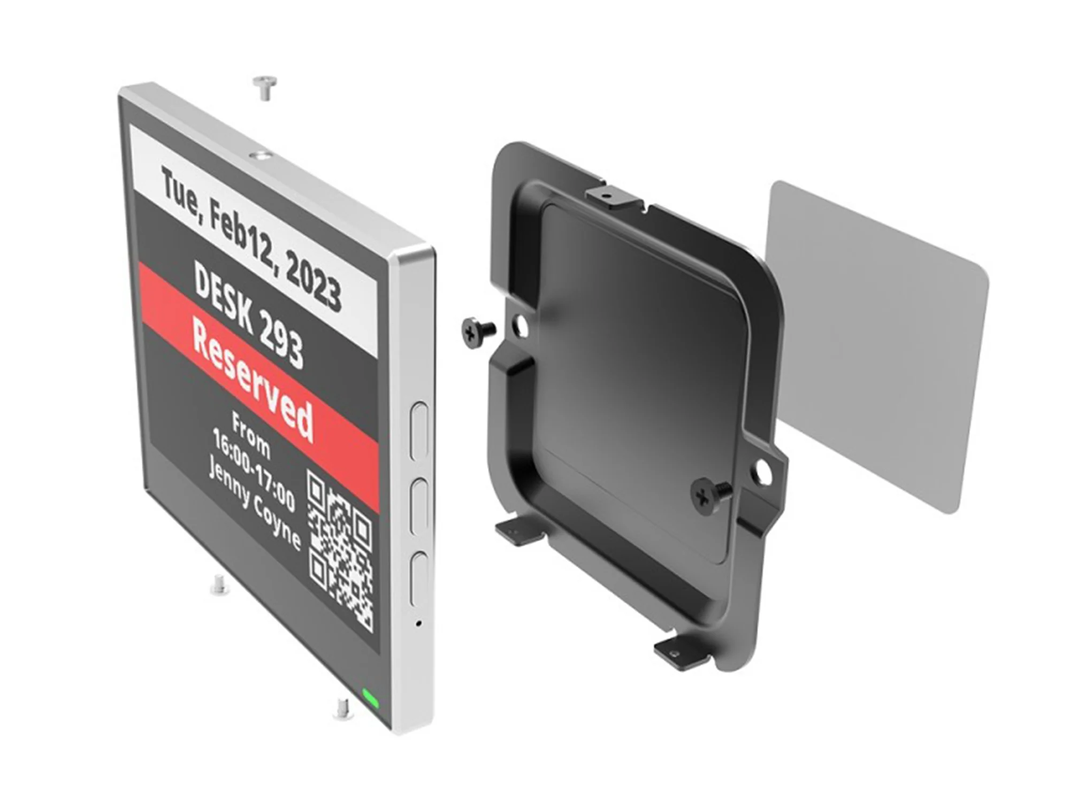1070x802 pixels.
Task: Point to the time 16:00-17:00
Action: click(x=254, y=476)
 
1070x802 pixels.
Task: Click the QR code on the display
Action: click(x=340, y=551)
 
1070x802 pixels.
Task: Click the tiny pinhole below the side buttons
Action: click(x=418, y=623)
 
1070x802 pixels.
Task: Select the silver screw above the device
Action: click(x=264, y=87)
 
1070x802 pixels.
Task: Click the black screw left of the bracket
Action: click(x=476, y=332)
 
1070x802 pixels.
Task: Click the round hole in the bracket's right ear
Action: click(x=765, y=471)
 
